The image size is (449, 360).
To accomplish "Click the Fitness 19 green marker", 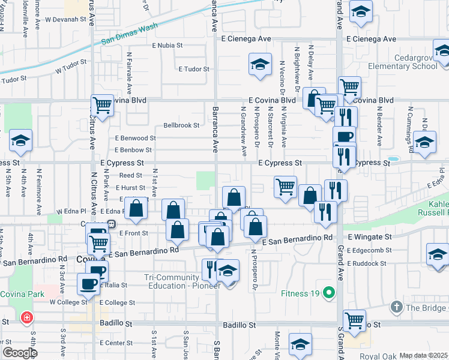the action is click(328, 293).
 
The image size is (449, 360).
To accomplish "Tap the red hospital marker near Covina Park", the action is click(27, 317).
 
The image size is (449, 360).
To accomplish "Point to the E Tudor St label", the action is click(193, 69).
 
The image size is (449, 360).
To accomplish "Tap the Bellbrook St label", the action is click(181, 125).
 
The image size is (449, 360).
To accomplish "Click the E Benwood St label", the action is click(133, 138).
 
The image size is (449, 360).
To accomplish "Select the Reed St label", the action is click(130, 175).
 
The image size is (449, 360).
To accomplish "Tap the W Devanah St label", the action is click(65, 19).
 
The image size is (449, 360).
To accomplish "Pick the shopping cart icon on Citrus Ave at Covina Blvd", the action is click(103, 106).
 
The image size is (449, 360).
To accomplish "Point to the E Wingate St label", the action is click(369, 238).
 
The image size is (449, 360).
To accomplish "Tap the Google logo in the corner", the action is click(19, 353).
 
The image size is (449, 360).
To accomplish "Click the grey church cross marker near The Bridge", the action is click(396, 307).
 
